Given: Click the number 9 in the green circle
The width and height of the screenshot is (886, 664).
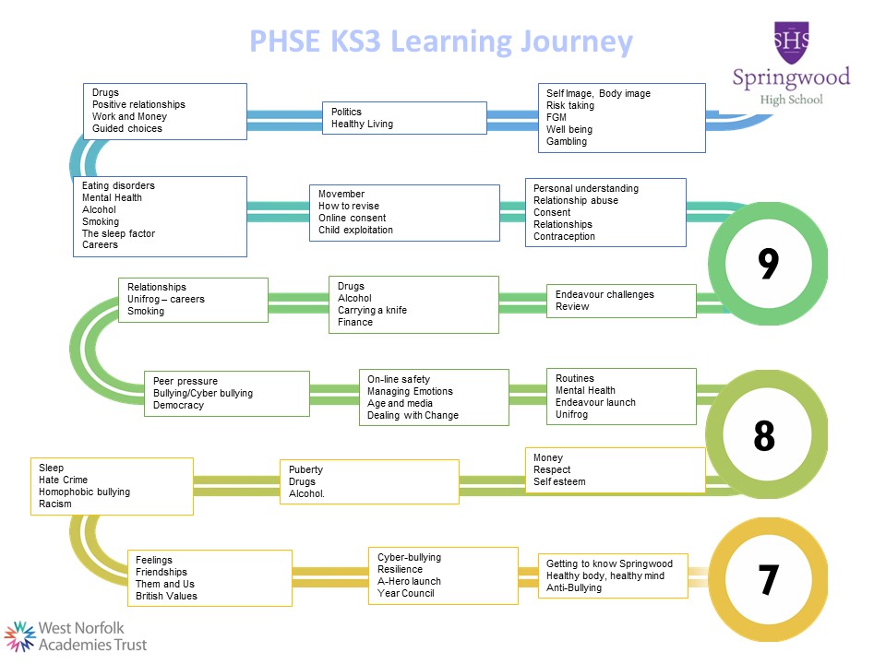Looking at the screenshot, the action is tap(769, 264).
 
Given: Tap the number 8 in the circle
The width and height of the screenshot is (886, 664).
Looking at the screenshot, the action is tap(764, 436).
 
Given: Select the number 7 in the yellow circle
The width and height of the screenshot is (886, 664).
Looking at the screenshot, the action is tap(769, 579).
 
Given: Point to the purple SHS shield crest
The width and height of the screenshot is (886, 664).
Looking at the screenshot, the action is tap(791, 42).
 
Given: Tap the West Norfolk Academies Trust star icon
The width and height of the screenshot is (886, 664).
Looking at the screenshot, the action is tap(19, 636).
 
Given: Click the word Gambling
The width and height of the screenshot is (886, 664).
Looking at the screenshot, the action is tap(566, 141).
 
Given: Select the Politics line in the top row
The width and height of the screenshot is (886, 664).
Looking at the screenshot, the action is tap(346, 112).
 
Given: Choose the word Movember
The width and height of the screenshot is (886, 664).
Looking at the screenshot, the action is tap(341, 194).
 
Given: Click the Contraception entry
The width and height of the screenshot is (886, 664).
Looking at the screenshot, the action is tap(564, 236).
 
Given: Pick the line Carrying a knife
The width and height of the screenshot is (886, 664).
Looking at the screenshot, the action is tap(372, 310).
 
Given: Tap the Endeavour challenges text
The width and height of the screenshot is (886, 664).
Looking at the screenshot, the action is tap(605, 294).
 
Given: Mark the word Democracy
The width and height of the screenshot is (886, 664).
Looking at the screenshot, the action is tap(178, 406).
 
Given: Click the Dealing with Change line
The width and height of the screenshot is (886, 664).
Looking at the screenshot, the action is tap(413, 415).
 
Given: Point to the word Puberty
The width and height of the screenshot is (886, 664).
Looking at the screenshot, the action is tap(305, 469).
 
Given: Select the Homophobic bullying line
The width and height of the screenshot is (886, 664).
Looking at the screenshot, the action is tap(84, 492).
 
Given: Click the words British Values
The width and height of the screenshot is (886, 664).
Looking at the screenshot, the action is tap(166, 596).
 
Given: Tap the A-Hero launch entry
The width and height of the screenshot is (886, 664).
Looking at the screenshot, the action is tap(409, 581).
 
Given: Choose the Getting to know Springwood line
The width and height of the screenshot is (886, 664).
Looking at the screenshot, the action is tap(609, 563).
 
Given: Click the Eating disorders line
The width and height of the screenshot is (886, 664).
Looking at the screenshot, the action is tap(118, 185).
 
